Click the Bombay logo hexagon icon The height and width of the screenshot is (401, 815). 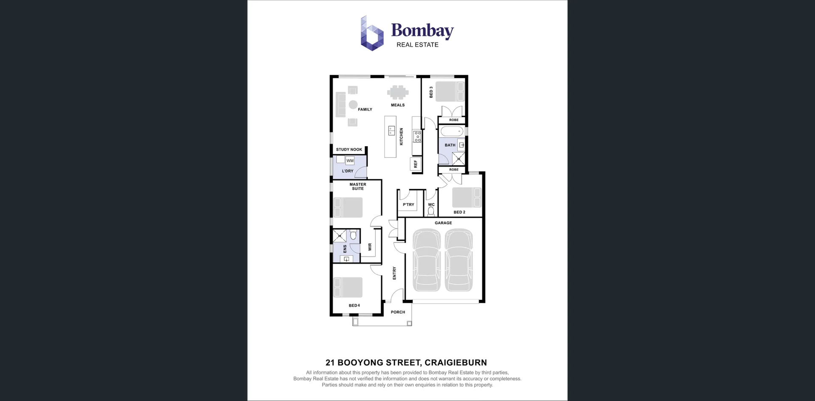pyautogui.click(x=372, y=34)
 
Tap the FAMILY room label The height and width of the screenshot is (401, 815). pyautogui.click(x=365, y=110)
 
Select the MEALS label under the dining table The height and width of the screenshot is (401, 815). pyautogui.click(x=398, y=105)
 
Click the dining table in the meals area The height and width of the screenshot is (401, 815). pyautogui.click(x=398, y=92)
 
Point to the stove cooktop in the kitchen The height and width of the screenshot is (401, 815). pyautogui.click(x=417, y=136)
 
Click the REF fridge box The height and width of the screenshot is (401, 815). pyautogui.click(x=416, y=164)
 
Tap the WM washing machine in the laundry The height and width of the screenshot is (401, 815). pyautogui.click(x=350, y=161)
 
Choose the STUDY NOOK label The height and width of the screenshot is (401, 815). pyautogui.click(x=349, y=150)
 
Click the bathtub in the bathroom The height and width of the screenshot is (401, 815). pyautogui.click(x=452, y=131)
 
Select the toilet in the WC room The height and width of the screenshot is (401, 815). pyautogui.click(x=431, y=211)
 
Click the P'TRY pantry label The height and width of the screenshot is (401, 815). pyautogui.click(x=408, y=205)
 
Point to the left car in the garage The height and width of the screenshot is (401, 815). pyautogui.click(x=427, y=260)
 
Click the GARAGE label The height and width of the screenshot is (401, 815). pyautogui.click(x=443, y=223)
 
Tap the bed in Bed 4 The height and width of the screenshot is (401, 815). pyautogui.click(x=348, y=288)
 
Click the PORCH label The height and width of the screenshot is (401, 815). pyautogui.click(x=398, y=312)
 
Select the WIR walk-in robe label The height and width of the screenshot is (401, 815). pyautogui.click(x=370, y=247)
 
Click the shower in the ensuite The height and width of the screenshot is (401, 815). pyautogui.click(x=339, y=235)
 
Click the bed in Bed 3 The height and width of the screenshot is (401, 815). pyautogui.click(x=450, y=91)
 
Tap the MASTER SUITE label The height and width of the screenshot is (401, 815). pyautogui.click(x=357, y=186)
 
